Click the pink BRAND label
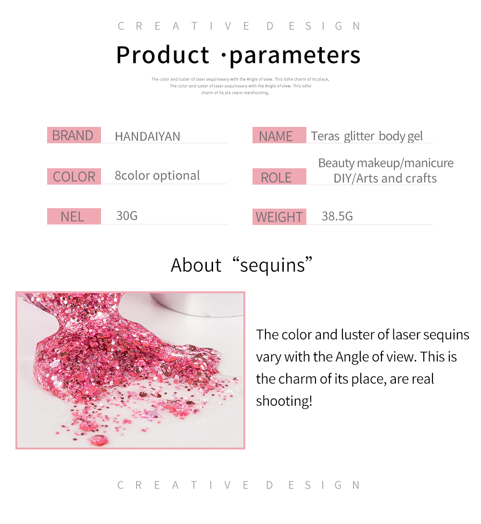tap(74, 135)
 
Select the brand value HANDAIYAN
tap(147, 137)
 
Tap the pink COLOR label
tap(74, 176)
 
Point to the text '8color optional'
tap(157, 175)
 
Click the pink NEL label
tap(74, 216)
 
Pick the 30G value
tap(127, 215)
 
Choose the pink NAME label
tap(279, 136)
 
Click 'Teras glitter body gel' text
tap(367, 136)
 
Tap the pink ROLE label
tap(279, 177)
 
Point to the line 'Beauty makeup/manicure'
tap(386, 163)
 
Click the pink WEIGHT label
tap(279, 217)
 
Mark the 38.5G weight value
tap(337, 216)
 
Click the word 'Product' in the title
tap(163, 55)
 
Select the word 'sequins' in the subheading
tap(272, 265)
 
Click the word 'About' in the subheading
tap(196, 265)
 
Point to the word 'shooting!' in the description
tap(284, 401)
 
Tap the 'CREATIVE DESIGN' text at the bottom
tap(239, 485)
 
